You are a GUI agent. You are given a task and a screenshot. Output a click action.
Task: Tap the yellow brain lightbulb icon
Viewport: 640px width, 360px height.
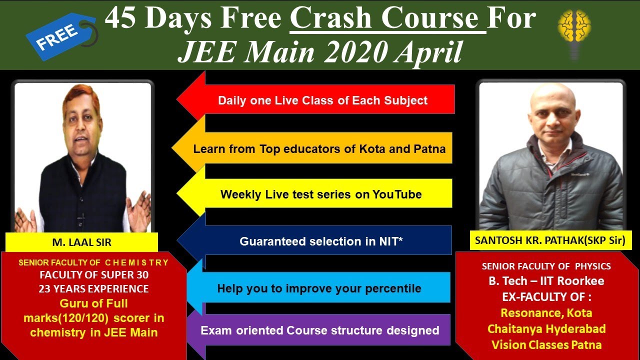click(x=574, y=30)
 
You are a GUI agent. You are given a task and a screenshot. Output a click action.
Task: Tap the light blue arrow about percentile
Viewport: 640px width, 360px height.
click(x=318, y=288)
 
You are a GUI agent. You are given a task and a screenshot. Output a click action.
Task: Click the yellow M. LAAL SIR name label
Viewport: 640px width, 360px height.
click(x=81, y=243)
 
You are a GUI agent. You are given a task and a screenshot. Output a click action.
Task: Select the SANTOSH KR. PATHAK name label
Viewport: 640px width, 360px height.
click(x=550, y=240)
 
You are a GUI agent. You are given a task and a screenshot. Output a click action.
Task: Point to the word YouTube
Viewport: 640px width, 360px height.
click(x=397, y=194)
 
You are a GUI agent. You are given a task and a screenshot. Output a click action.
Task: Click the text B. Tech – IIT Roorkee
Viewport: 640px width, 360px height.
click(x=546, y=281)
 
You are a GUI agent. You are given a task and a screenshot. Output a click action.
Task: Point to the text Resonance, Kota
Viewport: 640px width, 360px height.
click(x=546, y=313)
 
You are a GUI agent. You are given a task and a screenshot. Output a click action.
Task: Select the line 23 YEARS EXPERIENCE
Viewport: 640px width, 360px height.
click(x=94, y=289)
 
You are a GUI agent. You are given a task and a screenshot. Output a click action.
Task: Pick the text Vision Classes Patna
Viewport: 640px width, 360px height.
click(x=546, y=344)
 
